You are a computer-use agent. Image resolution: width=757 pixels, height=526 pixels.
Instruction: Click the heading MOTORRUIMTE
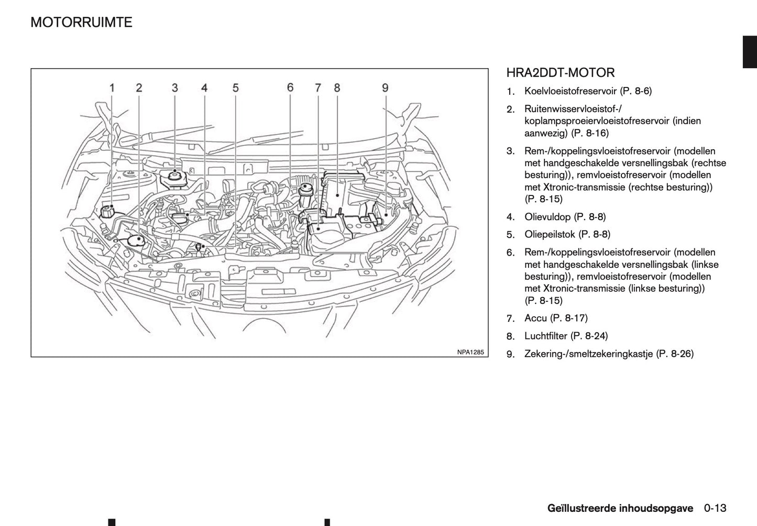(x=81, y=23)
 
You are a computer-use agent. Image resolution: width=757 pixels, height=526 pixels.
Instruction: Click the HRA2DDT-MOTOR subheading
(x=561, y=73)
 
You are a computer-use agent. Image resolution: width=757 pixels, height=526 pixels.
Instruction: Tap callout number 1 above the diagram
(x=112, y=87)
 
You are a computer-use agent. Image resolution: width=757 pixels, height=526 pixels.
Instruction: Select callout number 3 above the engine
(x=174, y=87)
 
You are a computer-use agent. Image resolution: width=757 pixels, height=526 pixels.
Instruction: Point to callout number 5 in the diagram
(x=236, y=87)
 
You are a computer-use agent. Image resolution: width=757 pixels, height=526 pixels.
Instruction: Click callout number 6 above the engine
(x=290, y=87)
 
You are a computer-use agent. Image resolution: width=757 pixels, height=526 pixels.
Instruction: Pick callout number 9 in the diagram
(x=385, y=87)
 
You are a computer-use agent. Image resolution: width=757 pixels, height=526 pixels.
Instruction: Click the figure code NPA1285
(x=470, y=352)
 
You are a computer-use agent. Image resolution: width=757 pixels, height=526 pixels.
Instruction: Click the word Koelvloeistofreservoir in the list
(x=571, y=91)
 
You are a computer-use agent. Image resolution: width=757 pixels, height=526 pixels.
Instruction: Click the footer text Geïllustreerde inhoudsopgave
(x=620, y=508)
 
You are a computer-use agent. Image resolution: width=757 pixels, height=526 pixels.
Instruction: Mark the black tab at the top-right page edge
(x=750, y=52)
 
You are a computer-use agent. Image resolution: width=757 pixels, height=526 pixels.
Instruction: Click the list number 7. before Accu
(x=511, y=319)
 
